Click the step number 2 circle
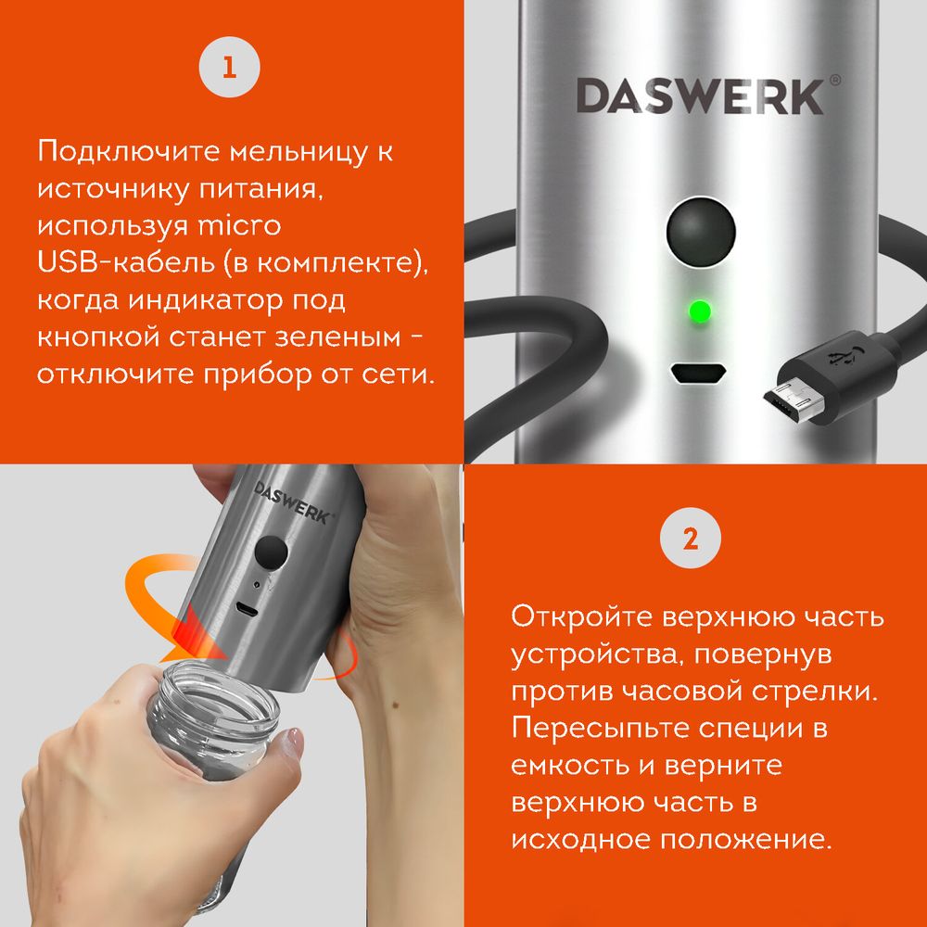point(690,539)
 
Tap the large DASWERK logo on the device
point(700,96)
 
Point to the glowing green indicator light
point(700,311)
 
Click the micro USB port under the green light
point(700,374)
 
